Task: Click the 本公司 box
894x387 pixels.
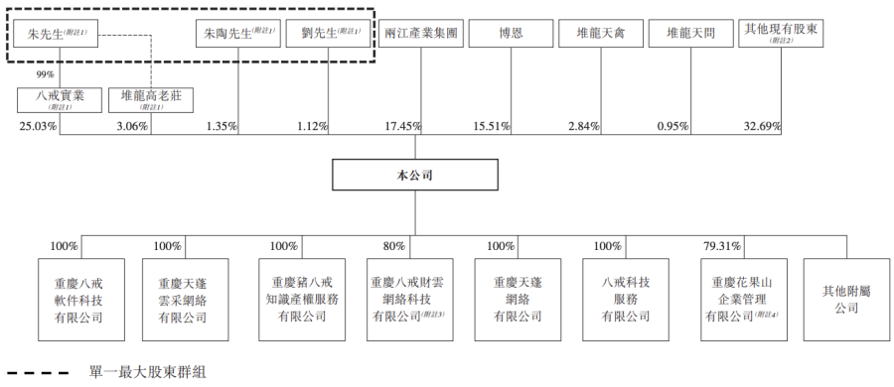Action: click(414, 176)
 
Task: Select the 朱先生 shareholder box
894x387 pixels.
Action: click(56, 34)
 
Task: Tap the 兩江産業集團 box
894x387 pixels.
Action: click(421, 34)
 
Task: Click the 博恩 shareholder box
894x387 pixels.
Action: click(511, 34)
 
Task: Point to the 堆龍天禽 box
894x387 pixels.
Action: click(601, 34)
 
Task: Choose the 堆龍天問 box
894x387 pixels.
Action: click(691, 34)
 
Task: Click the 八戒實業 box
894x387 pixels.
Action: click(60, 100)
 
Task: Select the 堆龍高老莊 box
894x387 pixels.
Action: click(151, 100)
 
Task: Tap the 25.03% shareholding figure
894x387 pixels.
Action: click(38, 126)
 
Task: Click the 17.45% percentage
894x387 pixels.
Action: click(402, 126)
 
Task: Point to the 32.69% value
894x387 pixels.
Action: click(762, 126)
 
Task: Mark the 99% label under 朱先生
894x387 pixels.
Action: click(44, 74)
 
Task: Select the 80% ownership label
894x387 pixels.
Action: click(394, 246)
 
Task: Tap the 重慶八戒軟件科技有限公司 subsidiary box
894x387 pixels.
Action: click(80, 300)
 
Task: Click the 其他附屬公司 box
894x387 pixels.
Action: click(846, 300)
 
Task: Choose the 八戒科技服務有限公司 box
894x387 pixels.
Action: click(626, 300)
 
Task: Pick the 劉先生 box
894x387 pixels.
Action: click(329, 34)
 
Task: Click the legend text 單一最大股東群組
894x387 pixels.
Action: click(148, 373)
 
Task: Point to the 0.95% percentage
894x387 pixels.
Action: click(672, 126)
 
